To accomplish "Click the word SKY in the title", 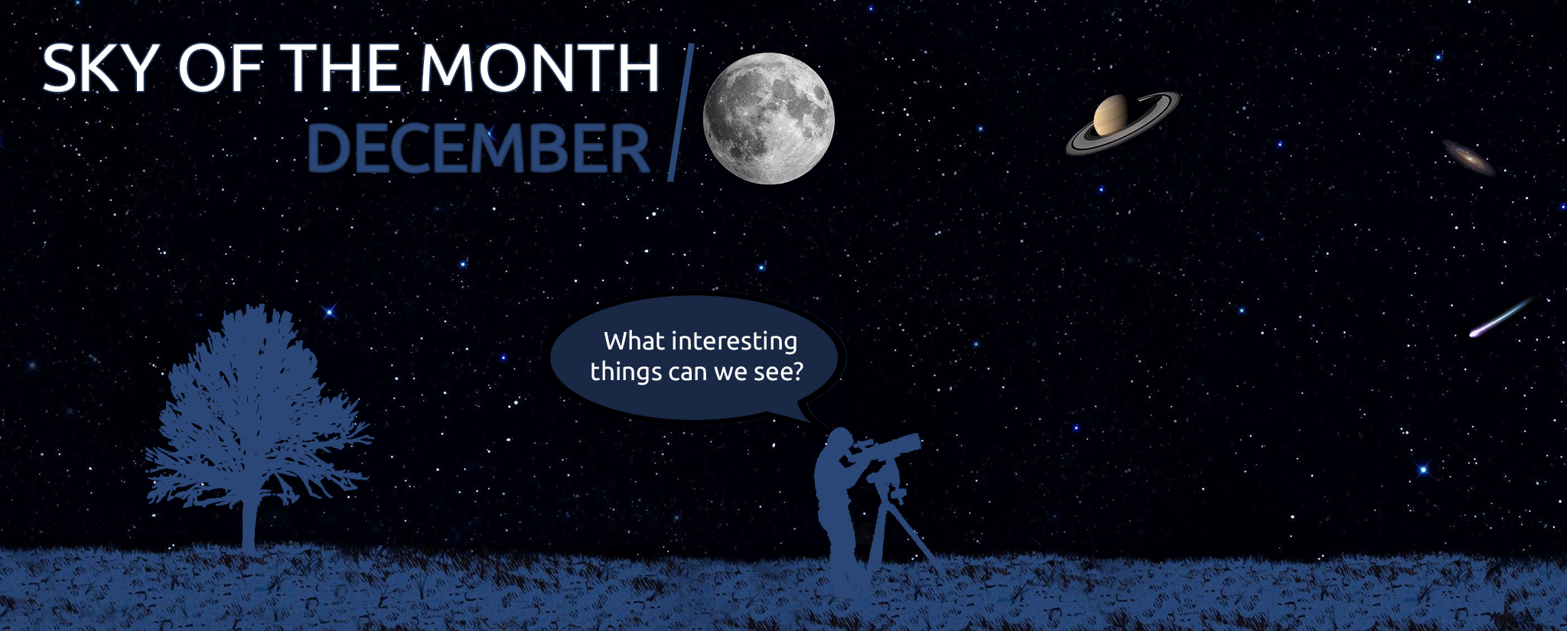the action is [99, 68].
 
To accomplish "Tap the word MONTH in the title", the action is [539, 68].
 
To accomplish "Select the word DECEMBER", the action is [478, 148].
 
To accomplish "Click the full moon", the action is [768, 119].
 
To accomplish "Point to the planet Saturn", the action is [1122, 122].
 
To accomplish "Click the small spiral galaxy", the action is [1468, 158].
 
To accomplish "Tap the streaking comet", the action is [1501, 317].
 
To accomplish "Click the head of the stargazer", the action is [839, 440].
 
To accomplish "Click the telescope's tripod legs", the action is [900, 535].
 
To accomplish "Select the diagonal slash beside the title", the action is [681, 112].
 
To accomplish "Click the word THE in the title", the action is [340, 68].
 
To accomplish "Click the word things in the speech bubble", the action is [626, 372].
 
